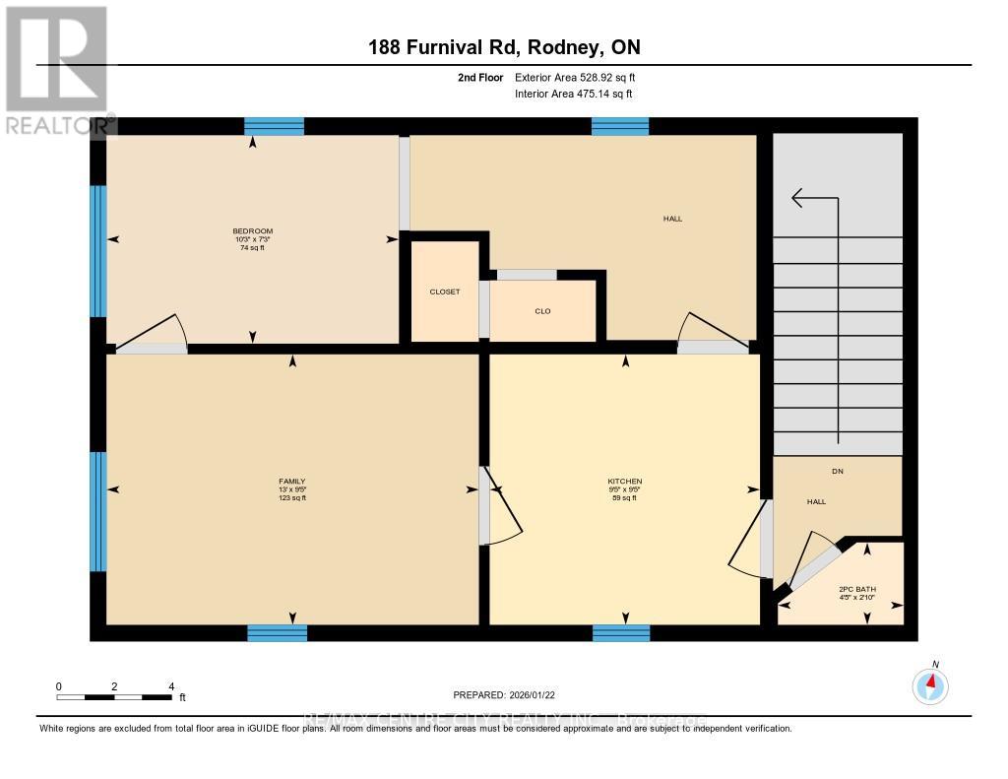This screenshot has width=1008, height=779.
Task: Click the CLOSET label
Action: (x=444, y=292)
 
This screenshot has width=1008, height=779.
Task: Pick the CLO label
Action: (x=542, y=311)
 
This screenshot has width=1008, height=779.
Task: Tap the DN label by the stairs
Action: (x=838, y=471)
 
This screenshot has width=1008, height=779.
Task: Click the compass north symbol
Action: (x=930, y=683)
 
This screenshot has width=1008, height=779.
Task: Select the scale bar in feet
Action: (x=114, y=696)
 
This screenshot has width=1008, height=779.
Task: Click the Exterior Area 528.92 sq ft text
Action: (x=582, y=77)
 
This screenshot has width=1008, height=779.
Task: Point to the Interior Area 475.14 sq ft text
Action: (x=574, y=95)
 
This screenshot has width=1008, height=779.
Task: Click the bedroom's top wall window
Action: (x=274, y=126)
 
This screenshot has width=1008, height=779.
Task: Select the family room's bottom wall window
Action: (x=277, y=632)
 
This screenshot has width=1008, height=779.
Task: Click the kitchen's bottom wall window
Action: (x=621, y=632)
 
